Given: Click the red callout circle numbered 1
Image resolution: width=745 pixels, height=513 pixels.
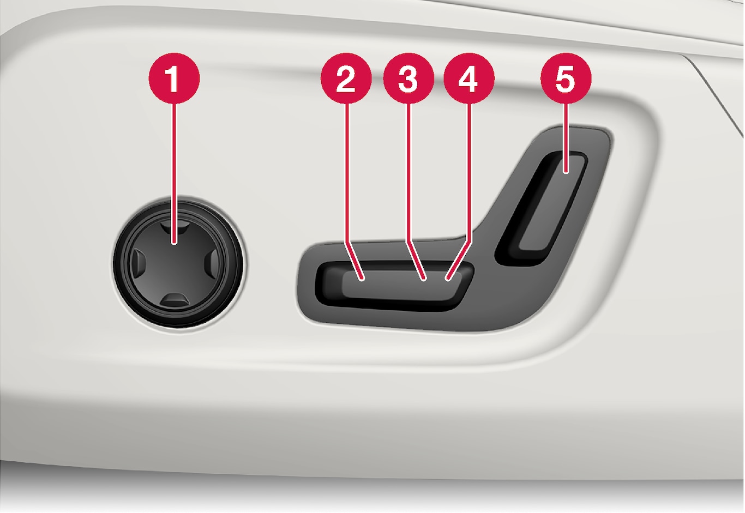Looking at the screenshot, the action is coord(174,78).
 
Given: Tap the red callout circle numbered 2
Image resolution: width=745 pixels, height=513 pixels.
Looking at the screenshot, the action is coord(346,78).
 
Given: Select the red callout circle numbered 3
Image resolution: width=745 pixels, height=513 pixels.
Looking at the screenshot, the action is coord(408,78).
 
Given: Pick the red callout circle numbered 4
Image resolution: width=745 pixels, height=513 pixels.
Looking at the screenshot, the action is coord(469,78).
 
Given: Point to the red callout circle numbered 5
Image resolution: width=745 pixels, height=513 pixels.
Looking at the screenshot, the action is coord(566,78).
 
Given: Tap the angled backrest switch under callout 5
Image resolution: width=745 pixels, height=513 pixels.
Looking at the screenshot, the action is coord(542,208).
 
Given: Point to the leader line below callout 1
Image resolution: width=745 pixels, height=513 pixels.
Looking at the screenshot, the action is coord(175,174).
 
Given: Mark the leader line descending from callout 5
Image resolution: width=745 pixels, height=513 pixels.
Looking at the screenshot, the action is coord(566,138).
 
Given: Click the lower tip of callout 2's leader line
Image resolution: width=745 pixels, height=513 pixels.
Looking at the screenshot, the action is coord(363,280).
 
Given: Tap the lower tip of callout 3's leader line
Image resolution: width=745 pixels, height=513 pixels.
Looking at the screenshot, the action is coord(424,280).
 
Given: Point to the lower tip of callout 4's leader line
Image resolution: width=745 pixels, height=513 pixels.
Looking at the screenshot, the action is coord(448,280).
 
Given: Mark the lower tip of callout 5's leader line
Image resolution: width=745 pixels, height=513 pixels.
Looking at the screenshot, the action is coord(566,172).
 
